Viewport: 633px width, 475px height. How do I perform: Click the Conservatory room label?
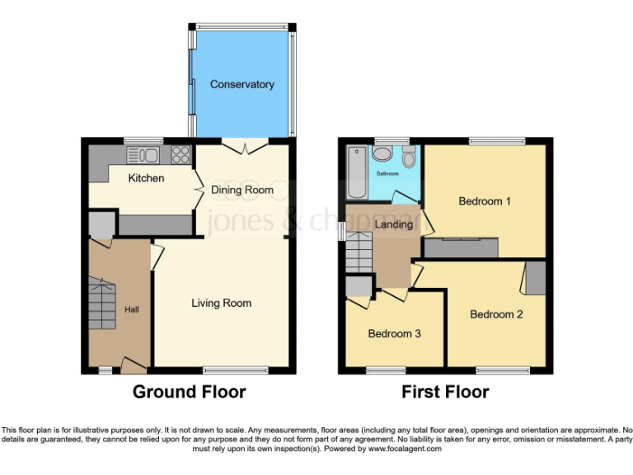(241, 84)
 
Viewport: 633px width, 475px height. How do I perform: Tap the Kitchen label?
(146, 178)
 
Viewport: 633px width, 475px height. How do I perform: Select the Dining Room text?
(242, 190)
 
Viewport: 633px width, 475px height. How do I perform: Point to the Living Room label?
(222, 303)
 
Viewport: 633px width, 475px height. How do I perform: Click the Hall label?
(132, 309)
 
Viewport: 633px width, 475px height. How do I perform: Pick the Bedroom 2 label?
(496, 314)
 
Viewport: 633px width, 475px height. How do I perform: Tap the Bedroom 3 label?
(394, 333)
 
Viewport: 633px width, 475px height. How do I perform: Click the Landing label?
(393, 224)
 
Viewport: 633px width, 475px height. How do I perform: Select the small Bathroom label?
(387, 175)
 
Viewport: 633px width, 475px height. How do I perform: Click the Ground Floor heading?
(189, 392)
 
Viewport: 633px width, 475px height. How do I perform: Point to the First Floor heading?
(445, 392)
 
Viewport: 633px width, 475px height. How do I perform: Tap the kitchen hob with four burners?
(181, 154)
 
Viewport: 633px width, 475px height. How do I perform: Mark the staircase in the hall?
(104, 303)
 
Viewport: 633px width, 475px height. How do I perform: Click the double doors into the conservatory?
(246, 147)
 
